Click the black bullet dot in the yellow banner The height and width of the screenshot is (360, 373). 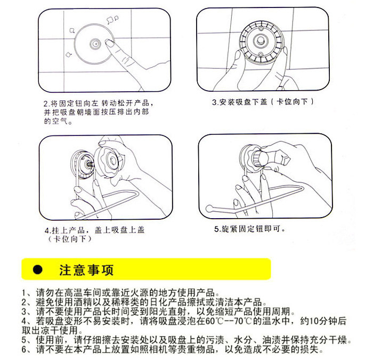coord(38,270)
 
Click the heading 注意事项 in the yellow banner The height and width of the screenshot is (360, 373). coord(86,270)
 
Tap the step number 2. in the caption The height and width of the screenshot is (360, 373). coord(46,103)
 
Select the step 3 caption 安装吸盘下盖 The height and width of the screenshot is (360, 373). coord(242,102)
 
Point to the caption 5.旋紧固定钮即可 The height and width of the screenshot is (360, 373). coord(249,229)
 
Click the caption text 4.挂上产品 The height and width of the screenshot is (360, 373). coord(64,230)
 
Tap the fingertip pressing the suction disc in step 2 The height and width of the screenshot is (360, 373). coord(109,43)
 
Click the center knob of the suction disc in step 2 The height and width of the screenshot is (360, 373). coord(95,44)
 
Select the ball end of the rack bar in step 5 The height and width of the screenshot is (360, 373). coord(209,209)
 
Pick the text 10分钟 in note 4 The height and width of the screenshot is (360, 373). coord(323,321)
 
